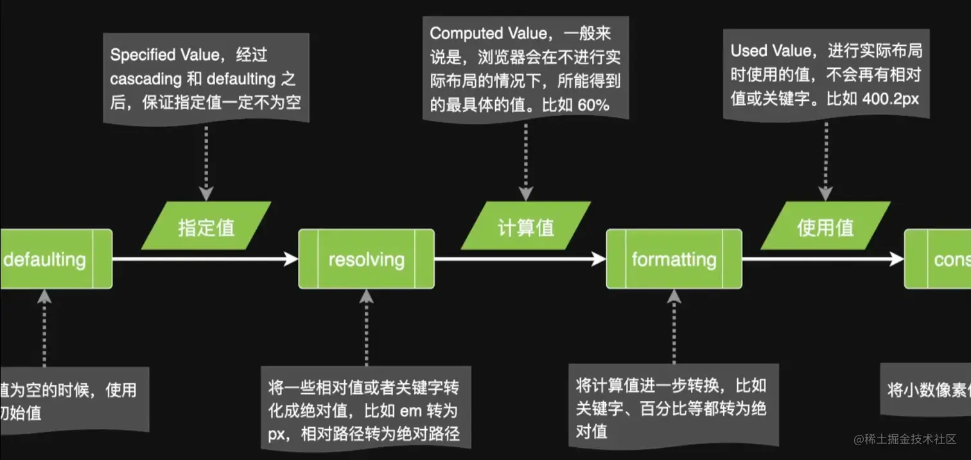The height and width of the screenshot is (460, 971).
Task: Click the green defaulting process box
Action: coord(55,259)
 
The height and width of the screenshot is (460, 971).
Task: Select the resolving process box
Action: coord(366,259)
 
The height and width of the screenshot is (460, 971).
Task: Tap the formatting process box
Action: coord(674,259)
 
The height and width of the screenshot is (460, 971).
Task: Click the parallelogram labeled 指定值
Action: coord(206,227)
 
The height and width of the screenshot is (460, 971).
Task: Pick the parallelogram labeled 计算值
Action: coord(526,227)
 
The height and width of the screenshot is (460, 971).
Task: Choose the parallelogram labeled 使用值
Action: coord(825,227)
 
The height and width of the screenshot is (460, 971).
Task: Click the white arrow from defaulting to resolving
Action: coord(206,259)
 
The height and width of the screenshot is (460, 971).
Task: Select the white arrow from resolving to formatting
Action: coord(520,259)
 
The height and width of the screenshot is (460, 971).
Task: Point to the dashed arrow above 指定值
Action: coord(206,161)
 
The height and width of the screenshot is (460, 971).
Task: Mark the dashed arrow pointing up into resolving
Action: coord(366,328)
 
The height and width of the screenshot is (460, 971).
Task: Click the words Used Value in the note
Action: coord(771,50)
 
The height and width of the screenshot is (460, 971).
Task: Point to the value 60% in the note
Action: coord(594,105)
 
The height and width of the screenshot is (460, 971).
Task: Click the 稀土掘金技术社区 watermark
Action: coord(904,439)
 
